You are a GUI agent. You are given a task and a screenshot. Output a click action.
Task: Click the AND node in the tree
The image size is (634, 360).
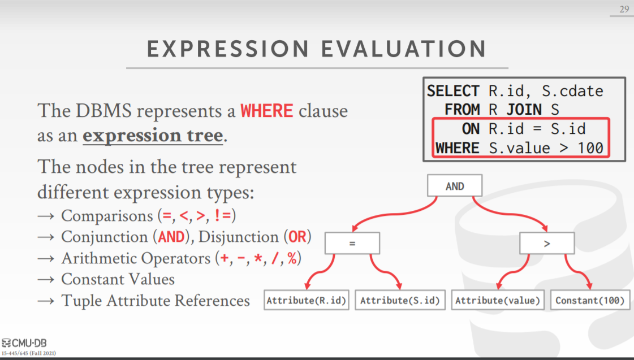pyautogui.click(x=455, y=186)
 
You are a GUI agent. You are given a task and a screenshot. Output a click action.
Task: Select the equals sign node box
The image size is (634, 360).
pyautogui.click(x=352, y=243)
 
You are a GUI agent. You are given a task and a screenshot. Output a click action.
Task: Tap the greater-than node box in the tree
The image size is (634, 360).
pyautogui.click(x=547, y=243)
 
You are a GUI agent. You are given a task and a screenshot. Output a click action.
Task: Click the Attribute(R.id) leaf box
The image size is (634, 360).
pyautogui.click(x=307, y=300)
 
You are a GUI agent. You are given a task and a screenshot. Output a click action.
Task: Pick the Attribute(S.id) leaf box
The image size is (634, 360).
pyautogui.click(x=400, y=300)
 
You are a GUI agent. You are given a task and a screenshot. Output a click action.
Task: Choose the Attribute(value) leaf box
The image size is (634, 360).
pyautogui.click(x=498, y=300)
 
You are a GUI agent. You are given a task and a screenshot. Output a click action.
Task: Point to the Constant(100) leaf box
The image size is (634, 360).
pyautogui.click(x=590, y=300)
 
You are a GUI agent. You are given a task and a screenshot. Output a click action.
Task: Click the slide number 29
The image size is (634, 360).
pyautogui.click(x=624, y=9)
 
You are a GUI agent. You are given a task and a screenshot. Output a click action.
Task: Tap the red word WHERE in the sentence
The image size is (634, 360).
pyautogui.click(x=267, y=111)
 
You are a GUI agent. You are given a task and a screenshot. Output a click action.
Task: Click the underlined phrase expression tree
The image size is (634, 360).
pyautogui.click(x=153, y=136)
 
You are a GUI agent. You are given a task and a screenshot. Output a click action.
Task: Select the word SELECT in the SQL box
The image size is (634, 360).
pyautogui.click(x=453, y=91)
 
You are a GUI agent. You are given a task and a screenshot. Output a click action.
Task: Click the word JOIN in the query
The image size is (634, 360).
pyautogui.click(x=524, y=110)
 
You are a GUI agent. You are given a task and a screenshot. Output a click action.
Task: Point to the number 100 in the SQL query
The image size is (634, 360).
pyautogui.click(x=590, y=148)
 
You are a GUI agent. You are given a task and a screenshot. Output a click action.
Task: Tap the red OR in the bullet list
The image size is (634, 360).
pyautogui.click(x=297, y=237)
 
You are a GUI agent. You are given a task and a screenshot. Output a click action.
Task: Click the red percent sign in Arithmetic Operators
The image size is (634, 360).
pyautogui.click(x=292, y=258)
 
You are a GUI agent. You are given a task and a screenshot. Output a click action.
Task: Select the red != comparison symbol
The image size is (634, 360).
pyautogui.click(x=223, y=215)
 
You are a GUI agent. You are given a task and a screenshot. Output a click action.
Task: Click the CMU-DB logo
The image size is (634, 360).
pyautogui.click(x=24, y=343)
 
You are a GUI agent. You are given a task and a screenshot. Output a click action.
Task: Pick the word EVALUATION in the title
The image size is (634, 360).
pyautogui.click(x=403, y=49)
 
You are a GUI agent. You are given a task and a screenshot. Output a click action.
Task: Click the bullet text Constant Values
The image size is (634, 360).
pyautogui.click(x=118, y=279)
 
